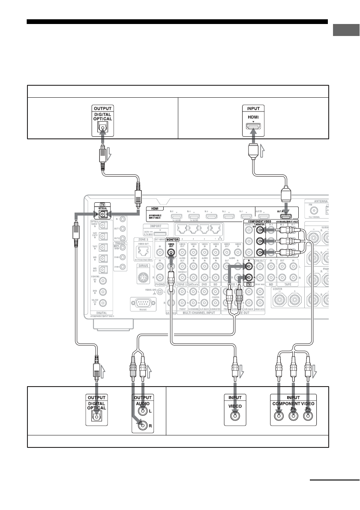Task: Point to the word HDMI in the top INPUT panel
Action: point(253,116)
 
